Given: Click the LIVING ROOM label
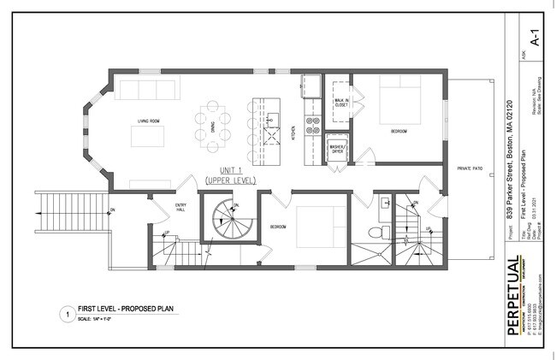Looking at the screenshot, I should (151, 122).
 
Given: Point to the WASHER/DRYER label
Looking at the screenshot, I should (339, 145).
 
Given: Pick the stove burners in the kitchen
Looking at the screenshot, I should (313, 127).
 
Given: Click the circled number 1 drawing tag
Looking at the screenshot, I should (64, 312).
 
